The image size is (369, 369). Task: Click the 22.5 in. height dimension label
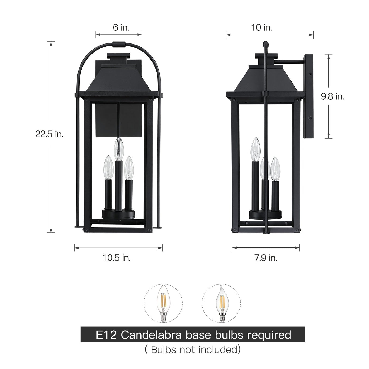49,134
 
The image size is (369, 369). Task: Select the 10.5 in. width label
117,258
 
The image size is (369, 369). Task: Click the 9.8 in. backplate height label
332,96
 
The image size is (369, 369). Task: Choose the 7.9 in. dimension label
266,258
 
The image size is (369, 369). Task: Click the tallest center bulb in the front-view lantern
119,149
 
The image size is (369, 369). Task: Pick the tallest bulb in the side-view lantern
255,150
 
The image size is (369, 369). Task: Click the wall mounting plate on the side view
308,96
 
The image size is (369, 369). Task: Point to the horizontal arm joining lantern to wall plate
290,62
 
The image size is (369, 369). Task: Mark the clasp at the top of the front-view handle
119,44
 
